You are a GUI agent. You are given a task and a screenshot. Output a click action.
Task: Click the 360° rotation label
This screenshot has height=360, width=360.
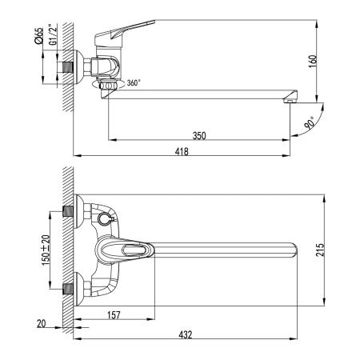(x=133, y=83)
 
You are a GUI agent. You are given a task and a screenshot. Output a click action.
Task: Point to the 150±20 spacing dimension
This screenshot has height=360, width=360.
(x=46, y=249)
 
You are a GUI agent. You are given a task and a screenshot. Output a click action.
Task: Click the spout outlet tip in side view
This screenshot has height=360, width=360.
(x=292, y=101)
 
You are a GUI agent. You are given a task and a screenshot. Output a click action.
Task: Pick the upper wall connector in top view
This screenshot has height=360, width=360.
(x=70, y=214)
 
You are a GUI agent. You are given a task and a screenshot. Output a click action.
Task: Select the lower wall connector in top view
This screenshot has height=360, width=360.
(x=70, y=285)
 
